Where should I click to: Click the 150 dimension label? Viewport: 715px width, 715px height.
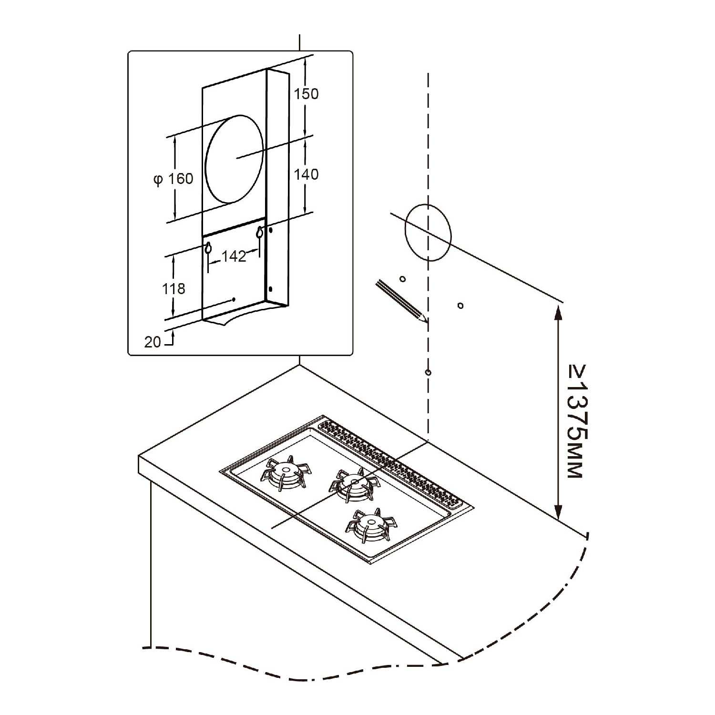(x=306, y=93)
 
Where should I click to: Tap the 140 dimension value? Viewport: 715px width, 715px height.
(x=306, y=174)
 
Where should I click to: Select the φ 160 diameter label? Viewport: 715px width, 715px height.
(x=173, y=179)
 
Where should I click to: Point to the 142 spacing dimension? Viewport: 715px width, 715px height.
(x=234, y=256)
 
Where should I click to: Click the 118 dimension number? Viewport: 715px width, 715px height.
(x=174, y=288)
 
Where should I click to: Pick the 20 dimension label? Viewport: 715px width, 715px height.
(x=153, y=342)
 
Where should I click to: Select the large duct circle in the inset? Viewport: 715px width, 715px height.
(x=235, y=158)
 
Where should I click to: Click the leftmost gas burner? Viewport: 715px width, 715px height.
(x=286, y=473)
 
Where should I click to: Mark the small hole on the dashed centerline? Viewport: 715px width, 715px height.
(x=428, y=372)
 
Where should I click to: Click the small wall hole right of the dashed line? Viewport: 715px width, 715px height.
(x=460, y=306)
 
